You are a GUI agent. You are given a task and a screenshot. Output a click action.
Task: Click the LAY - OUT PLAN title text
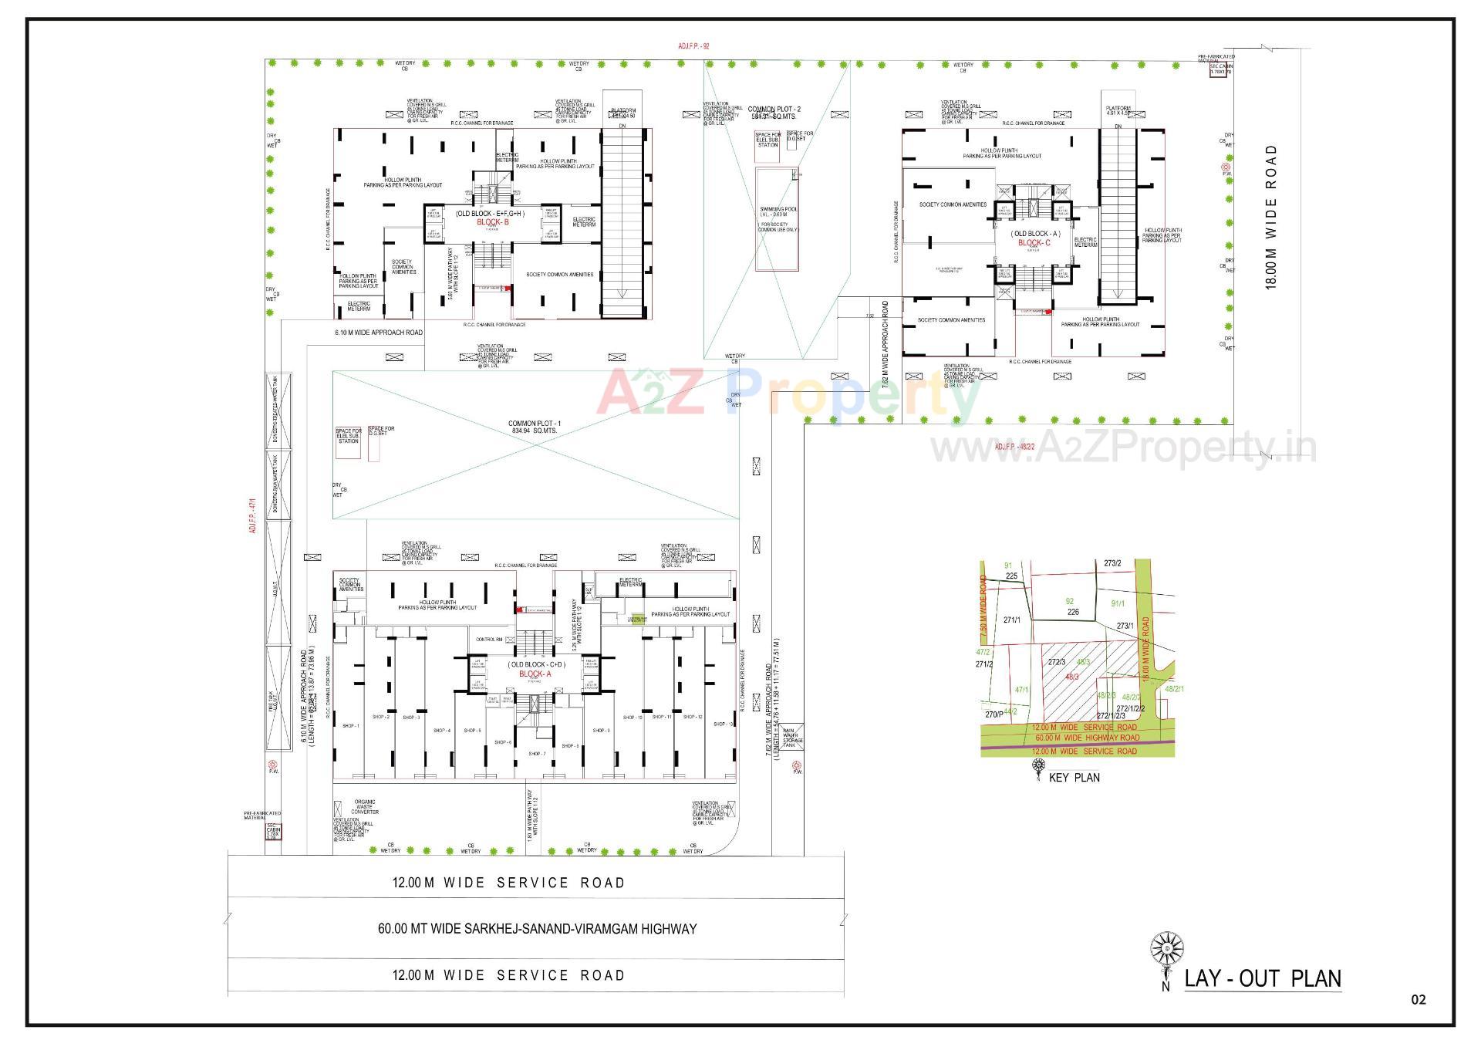click(1263, 979)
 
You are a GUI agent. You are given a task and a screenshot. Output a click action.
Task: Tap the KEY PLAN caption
click(1074, 778)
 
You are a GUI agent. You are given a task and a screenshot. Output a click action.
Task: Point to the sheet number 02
click(1419, 1000)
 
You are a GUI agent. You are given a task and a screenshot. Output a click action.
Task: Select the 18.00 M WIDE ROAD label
click(1271, 217)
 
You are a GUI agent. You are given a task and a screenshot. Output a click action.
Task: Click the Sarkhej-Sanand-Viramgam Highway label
click(537, 929)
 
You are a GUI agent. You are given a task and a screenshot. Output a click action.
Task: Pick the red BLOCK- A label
click(535, 674)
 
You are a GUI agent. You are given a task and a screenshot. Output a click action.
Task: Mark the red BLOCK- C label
click(1034, 243)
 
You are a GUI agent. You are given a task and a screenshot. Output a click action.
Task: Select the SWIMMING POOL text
click(778, 209)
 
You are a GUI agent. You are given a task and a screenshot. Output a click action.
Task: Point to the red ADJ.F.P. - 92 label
click(693, 46)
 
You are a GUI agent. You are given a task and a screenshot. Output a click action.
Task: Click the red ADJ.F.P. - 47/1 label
click(251, 515)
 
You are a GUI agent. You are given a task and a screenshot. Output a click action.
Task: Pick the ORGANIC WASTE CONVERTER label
click(365, 807)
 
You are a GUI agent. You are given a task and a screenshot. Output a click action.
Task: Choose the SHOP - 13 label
click(723, 724)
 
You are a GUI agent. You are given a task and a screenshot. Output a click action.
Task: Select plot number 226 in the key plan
click(1073, 612)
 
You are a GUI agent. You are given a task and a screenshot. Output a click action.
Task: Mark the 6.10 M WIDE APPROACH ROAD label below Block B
click(379, 333)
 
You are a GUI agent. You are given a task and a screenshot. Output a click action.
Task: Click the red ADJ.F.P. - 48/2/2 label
click(1014, 447)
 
